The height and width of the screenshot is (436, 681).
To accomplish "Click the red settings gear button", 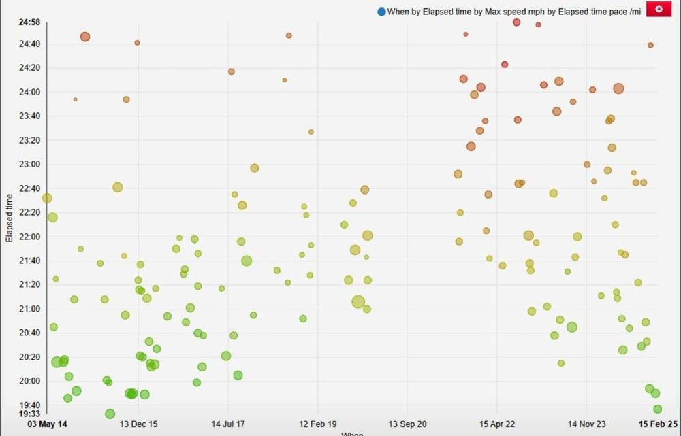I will pos(659,9).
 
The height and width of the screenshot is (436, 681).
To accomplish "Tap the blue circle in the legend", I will pos(381,12).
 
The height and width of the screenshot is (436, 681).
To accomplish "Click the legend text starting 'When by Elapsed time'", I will pos(513,12).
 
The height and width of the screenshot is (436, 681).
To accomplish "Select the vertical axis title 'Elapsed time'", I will pos(10,218).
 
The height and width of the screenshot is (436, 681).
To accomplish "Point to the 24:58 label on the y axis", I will pos(29,22).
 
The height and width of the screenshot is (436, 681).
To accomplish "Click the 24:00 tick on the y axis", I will pos(29,92).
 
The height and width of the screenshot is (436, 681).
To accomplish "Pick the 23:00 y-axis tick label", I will pos(29,164).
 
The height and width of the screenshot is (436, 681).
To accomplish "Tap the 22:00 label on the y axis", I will pos(29,237).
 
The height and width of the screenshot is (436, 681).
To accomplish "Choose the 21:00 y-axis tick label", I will pos(29,309).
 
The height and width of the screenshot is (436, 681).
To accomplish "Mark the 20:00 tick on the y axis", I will pos(29,381).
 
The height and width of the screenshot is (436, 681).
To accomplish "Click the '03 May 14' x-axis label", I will pos(48,424).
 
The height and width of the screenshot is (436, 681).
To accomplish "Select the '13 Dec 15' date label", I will pos(138,424).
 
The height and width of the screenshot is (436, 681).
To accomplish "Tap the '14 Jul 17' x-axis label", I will pos(228,424).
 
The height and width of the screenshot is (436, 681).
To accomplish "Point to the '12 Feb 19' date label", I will pos(317,424).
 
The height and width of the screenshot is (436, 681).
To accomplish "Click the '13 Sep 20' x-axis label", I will pos(407,424).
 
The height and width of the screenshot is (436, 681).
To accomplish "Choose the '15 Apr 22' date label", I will pos(497,424).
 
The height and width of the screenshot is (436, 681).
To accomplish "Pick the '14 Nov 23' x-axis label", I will pos(587,424).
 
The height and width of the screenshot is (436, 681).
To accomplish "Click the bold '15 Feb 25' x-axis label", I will pos(658,424).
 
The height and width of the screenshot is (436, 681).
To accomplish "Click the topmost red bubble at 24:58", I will pos(517,22).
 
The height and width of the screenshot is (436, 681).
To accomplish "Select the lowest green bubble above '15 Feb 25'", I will pos(657,409).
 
